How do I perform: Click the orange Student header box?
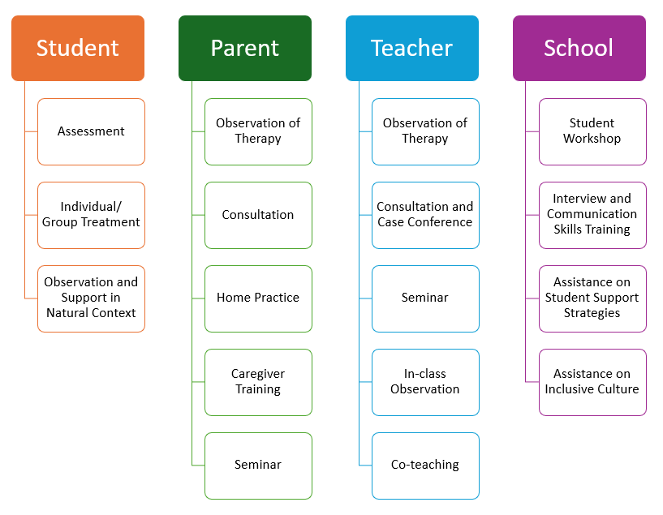(78, 48)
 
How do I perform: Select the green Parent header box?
(245, 48)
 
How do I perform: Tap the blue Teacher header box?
(412, 48)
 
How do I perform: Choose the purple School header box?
(579, 48)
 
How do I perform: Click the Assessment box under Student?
(91, 131)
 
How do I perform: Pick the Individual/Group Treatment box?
(91, 215)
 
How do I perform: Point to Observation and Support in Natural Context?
(91, 298)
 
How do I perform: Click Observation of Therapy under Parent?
(258, 131)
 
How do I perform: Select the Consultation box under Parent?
(258, 215)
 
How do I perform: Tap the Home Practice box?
(258, 298)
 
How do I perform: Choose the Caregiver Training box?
(258, 382)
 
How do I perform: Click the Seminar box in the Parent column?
(258, 466)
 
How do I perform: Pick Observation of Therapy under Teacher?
(425, 131)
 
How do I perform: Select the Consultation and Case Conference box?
(425, 215)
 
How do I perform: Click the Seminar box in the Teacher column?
(425, 298)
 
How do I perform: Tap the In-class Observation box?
(425, 382)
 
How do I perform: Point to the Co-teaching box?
(425, 466)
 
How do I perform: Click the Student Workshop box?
(592, 131)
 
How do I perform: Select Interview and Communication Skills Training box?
(592, 215)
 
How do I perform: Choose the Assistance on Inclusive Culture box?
(592, 382)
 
